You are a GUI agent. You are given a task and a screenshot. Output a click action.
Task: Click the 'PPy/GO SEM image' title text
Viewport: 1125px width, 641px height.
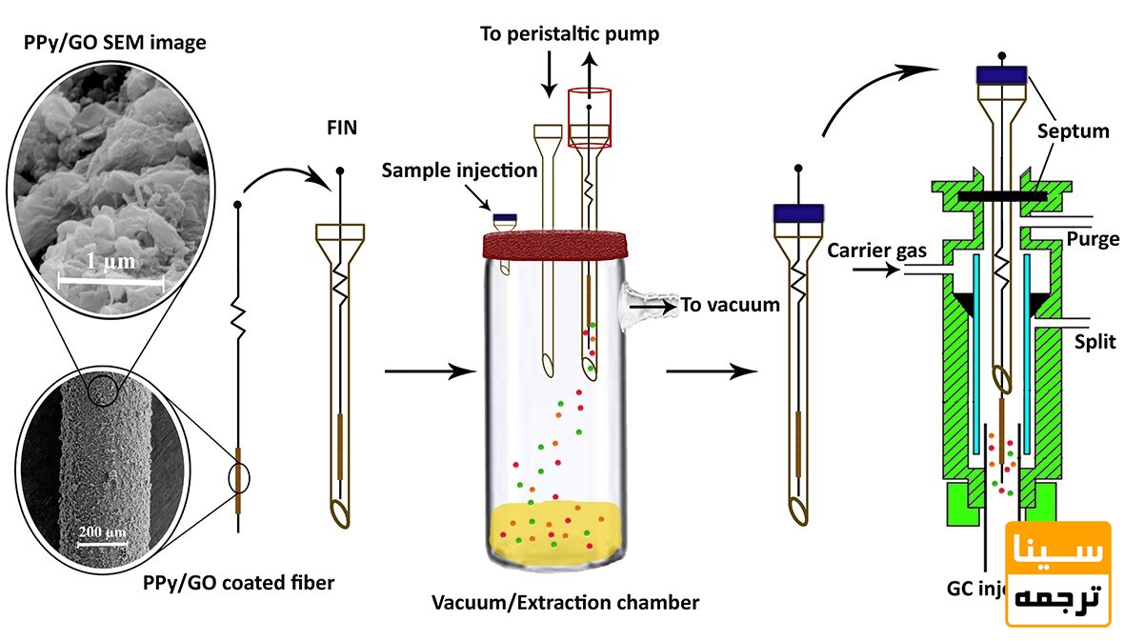point(115,43)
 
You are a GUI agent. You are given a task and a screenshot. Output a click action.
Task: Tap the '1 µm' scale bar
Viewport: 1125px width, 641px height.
point(110,279)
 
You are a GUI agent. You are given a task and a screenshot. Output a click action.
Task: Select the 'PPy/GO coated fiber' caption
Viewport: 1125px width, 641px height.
point(238,582)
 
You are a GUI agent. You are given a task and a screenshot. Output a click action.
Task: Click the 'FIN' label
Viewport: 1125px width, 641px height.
point(342,128)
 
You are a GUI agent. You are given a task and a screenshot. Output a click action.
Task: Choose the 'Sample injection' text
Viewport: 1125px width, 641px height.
point(460,170)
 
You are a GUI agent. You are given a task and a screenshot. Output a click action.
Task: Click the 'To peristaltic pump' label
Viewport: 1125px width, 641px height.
point(570,34)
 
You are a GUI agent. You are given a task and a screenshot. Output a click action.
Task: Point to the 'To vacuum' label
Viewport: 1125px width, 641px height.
point(730,305)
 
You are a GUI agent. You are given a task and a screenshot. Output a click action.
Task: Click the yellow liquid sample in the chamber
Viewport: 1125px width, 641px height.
point(555,529)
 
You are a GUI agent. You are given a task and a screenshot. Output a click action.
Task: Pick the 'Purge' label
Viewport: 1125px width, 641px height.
point(1093,239)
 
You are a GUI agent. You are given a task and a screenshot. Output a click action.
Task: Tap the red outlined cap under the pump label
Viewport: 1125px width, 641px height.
point(590,117)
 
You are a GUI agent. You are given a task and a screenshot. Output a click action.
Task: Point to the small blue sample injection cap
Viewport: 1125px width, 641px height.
point(504,218)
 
